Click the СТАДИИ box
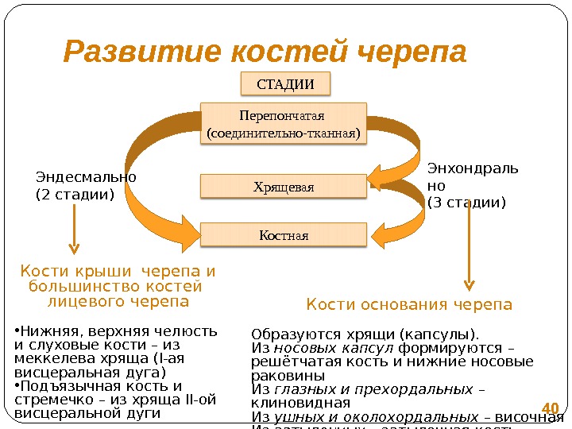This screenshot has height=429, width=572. click(284, 83)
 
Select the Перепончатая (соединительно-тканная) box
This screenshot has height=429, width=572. click(283, 123)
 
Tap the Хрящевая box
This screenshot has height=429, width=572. click(283, 187)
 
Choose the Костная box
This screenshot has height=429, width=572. click(283, 235)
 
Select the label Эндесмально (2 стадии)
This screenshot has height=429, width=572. click(86, 185)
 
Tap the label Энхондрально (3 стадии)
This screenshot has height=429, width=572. click(472, 185)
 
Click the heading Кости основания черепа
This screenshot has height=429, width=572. click(409, 305)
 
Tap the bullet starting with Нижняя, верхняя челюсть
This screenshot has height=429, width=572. click(114, 350)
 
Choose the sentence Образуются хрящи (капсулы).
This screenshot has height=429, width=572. click(365, 334)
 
